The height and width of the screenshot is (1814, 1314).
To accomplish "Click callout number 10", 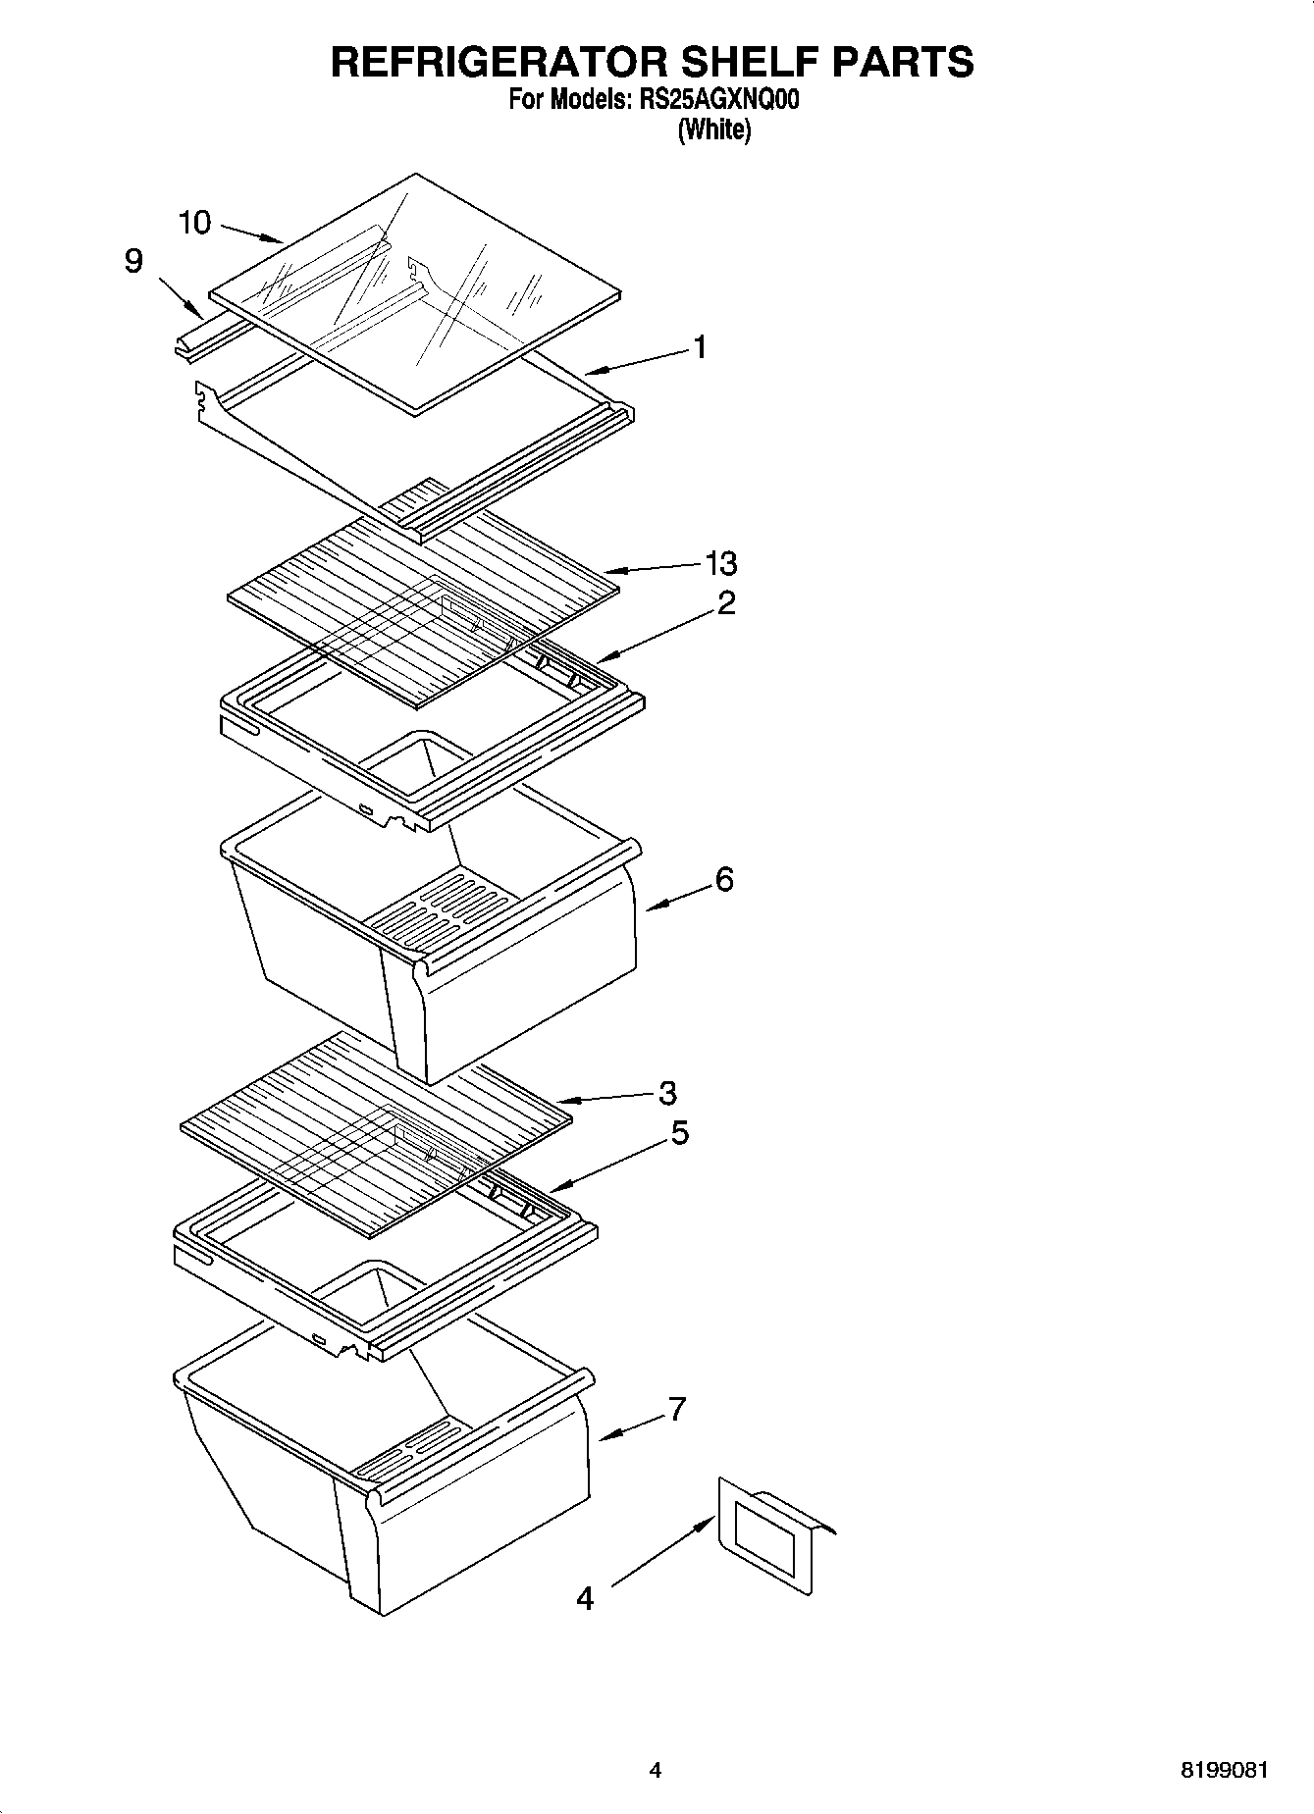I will [x=194, y=223].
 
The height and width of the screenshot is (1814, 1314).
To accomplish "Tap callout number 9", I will [x=133, y=261].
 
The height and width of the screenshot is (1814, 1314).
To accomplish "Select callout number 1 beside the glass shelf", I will [x=700, y=347].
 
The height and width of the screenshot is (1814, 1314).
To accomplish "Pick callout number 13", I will [x=721, y=563].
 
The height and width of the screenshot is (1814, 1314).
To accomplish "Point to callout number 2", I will [x=725, y=602].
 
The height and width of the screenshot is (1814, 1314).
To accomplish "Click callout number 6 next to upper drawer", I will [x=723, y=879].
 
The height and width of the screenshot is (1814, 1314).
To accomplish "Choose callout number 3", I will [x=667, y=1092].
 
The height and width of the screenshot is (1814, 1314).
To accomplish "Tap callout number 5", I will [x=679, y=1133].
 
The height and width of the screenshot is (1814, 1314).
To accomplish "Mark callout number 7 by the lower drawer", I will [x=676, y=1409].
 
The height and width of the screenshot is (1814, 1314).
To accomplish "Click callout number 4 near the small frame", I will [x=585, y=1599].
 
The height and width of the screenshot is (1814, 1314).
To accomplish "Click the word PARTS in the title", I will [x=903, y=61].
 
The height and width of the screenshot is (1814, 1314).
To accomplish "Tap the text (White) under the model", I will [x=714, y=130].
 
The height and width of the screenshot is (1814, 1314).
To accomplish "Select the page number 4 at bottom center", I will [x=656, y=1771].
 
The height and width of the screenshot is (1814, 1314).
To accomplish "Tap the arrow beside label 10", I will [x=251, y=233].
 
